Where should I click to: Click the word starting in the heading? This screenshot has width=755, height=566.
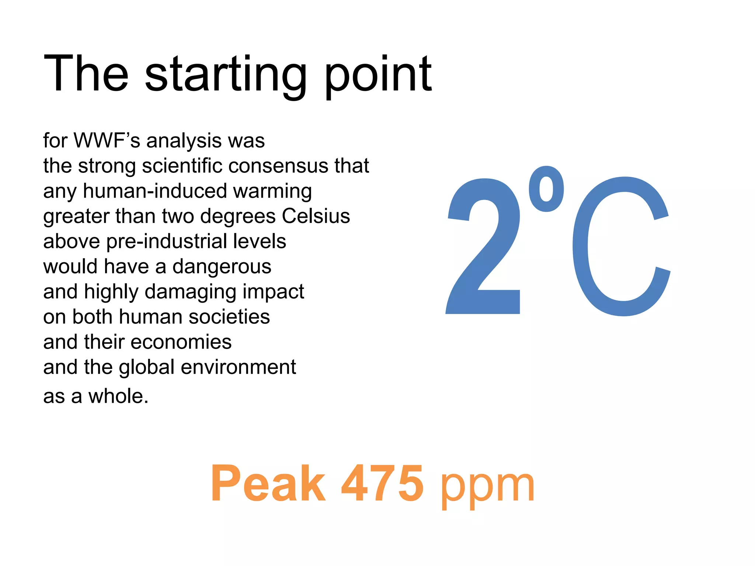click(226, 74)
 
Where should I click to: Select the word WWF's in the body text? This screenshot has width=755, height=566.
click(107, 141)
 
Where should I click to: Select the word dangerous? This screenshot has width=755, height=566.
click(222, 267)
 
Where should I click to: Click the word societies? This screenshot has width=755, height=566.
click(229, 317)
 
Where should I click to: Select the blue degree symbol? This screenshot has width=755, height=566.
click(546, 189)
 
